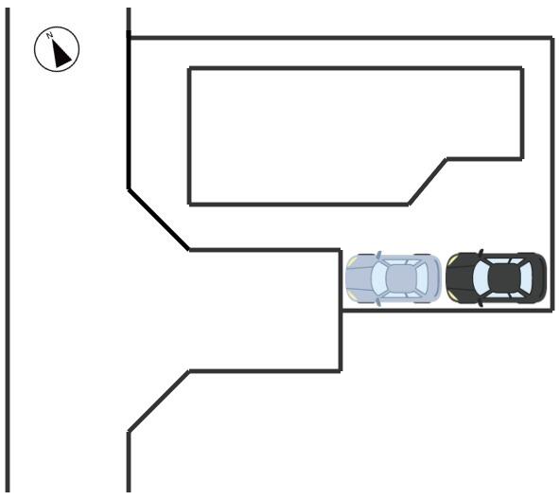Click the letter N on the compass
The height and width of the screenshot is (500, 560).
(x=49, y=35)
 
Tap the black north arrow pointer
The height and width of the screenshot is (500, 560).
(x=61, y=54)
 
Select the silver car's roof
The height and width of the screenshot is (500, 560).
(x=401, y=277)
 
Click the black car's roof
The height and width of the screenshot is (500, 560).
(x=503, y=278)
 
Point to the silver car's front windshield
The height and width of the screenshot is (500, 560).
(x=379, y=277)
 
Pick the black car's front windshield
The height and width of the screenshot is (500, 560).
(x=481, y=278)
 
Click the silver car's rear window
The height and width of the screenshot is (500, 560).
(x=422, y=277)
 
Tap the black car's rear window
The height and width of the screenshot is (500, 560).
(x=526, y=278)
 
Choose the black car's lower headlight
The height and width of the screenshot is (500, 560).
(x=453, y=296)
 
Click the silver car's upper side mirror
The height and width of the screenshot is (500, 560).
(x=378, y=255)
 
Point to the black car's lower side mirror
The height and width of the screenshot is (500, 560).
(x=481, y=303)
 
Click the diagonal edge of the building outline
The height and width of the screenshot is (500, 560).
(x=428, y=182)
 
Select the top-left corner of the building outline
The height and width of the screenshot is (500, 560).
(x=189, y=68)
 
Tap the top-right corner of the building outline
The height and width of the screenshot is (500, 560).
(x=522, y=68)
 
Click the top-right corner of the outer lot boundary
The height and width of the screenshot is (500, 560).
(x=552, y=38)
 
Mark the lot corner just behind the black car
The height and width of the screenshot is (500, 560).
(x=552, y=311)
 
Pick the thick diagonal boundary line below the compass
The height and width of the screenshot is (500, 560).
(x=159, y=220)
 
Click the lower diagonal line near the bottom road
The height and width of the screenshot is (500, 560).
(x=159, y=402)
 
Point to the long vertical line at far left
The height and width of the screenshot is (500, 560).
(x=8, y=250)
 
